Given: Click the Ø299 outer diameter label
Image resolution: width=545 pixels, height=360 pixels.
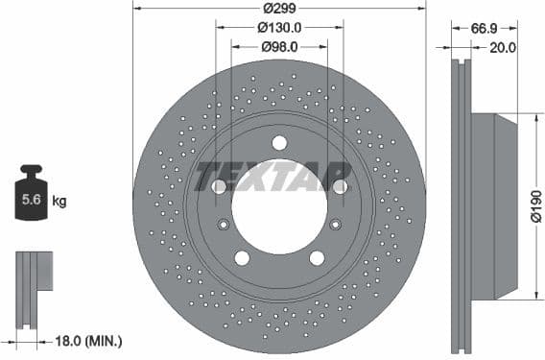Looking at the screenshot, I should [279, 9].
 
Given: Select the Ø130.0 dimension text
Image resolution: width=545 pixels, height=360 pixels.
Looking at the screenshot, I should [279, 27].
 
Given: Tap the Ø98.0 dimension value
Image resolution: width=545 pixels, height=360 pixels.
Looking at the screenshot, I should [279, 46].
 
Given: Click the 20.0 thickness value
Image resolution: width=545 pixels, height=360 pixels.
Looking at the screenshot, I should [503, 46].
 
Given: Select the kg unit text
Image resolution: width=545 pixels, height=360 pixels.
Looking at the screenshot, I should [59, 202].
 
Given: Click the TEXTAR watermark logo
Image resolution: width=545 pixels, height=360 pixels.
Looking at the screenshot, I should [273, 176].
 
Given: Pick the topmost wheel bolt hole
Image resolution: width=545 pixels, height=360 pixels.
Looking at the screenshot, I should [279, 143].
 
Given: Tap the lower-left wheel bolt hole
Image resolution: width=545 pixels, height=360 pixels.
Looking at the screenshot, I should [242, 257].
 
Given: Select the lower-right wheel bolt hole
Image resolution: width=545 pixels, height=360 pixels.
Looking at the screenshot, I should [317, 257].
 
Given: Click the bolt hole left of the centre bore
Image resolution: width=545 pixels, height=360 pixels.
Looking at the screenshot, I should [219, 187].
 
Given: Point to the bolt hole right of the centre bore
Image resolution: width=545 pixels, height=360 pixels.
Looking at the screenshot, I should [340, 187].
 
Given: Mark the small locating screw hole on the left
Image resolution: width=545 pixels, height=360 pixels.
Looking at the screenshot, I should [224, 225].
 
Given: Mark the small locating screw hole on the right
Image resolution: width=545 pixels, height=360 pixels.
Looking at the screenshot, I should [335, 225].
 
